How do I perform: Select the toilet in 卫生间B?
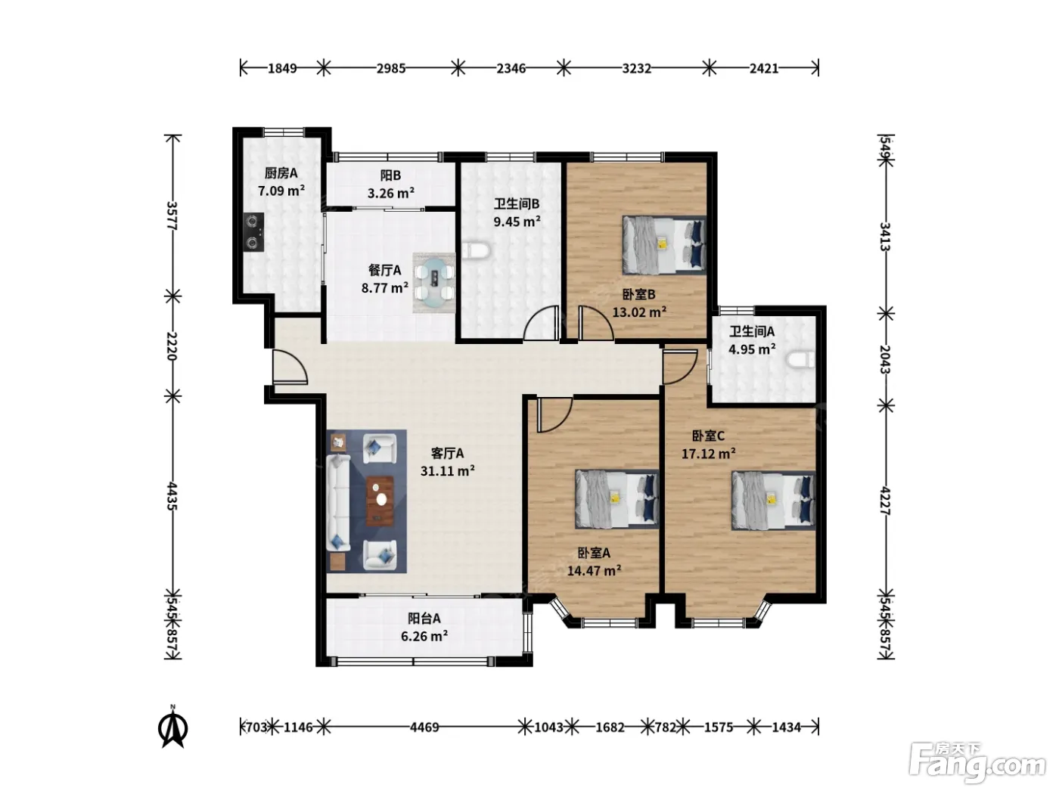pos(477,251)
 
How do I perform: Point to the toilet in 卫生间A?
pos(800,360)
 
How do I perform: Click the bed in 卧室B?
pos(664,245)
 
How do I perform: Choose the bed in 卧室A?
pos(616,499)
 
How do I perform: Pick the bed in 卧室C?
pos(773,501)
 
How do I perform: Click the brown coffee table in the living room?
pos(380,501)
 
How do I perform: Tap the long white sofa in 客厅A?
pos(338,502)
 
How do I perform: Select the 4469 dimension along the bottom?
pos(424,727)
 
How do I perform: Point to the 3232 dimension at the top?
pos(636,69)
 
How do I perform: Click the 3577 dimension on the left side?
pos(172,216)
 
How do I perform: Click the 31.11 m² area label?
pos(447,470)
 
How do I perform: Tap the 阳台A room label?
pos(424,618)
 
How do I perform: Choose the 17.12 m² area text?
pos(708,453)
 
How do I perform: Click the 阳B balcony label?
pos(390,175)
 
